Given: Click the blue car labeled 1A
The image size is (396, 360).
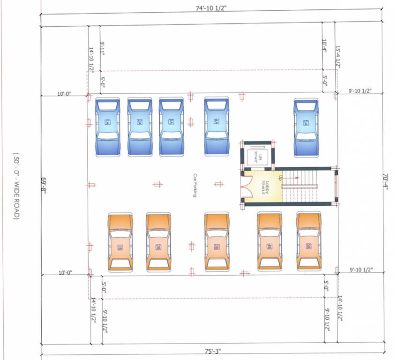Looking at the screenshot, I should (108, 127).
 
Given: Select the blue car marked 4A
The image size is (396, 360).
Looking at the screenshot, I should (216, 127).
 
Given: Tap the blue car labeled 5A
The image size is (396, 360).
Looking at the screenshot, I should (306, 127).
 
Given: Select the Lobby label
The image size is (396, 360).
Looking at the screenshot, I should (263, 187).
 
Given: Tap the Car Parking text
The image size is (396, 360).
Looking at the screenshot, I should (195, 185).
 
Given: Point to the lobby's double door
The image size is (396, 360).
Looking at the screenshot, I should (245, 186).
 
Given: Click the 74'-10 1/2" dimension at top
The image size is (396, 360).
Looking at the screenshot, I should (212, 8).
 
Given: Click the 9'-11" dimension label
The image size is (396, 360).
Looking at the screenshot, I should (103, 49).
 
